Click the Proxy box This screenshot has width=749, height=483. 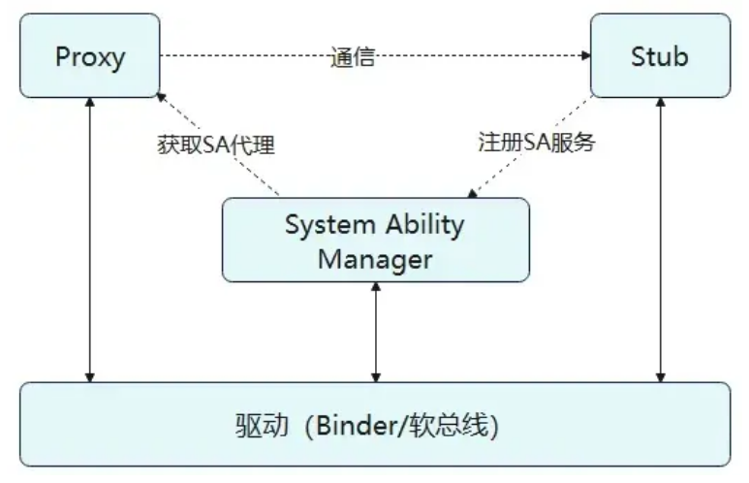click(x=89, y=55)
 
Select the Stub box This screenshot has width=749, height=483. click(x=660, y=55)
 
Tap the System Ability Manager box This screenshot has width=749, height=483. click(x=376, y=241)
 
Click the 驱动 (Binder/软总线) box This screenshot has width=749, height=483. click(x=376, y=425)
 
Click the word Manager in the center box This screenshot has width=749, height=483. click(x=376, y=259)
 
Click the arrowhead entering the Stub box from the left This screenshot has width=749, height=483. click(x=585, y=56)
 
